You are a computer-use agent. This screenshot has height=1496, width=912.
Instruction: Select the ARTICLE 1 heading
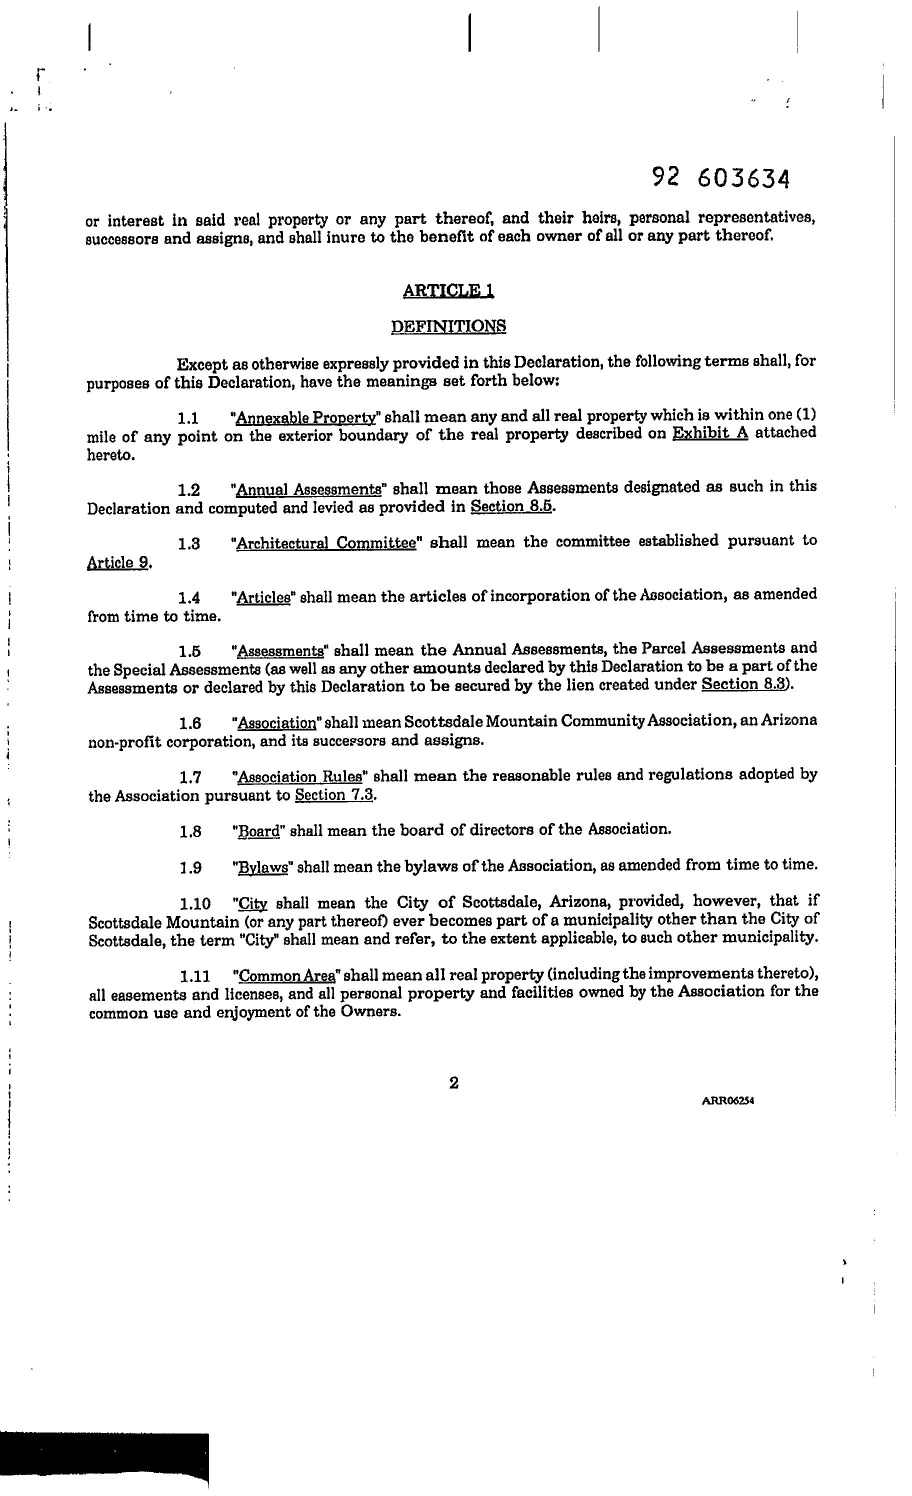[x=448, y=291]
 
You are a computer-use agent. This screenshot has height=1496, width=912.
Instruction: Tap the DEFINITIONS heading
[x=448, y=326]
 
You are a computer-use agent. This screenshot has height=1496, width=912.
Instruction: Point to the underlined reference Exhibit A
[x=710, y=433]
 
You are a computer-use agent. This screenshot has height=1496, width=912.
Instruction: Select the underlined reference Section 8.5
[x=511, y=506]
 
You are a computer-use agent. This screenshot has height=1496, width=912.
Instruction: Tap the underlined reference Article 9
[x=118, y=563]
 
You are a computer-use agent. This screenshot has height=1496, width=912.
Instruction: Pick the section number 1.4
[x=189, y=598]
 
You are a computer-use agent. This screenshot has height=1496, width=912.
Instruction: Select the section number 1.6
[x=190, y=723]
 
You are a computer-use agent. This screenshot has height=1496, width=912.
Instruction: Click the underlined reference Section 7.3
[x=333, y=795]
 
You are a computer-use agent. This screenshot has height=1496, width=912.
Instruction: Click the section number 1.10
[x=194, y=904]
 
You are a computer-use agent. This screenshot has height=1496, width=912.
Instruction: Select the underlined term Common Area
[x=286, y=975]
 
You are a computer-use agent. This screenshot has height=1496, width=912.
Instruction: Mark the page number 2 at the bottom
[x=453, y=1082]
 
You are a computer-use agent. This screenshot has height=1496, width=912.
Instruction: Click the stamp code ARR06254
[x=727, y=1100]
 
